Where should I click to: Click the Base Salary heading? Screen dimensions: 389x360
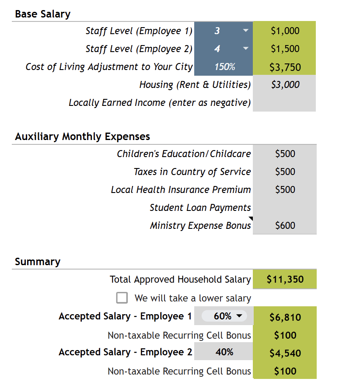pos(42,14)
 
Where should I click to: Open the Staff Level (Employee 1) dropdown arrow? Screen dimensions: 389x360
pos(245,31)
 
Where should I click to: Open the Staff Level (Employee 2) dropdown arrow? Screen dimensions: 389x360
pos(245,49)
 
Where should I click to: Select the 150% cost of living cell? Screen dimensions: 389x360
pos(224,67)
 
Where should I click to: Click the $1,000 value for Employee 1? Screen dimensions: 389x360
pos(285,31)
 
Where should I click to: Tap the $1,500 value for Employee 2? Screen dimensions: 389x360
pos(285,49)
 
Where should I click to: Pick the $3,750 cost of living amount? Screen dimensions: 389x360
pos(285,67)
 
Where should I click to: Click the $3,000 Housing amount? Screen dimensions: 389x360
pos(285,85)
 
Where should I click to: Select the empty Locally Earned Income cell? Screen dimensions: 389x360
pos(284,103)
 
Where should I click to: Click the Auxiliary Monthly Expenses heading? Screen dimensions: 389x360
pos(82,137)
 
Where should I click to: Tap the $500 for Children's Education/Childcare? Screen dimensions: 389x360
pos(285,154)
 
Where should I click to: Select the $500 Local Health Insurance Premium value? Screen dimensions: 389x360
pos(285,189)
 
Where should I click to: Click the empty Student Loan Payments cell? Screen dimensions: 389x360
pos(284,207)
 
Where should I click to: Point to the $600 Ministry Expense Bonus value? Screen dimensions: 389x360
pos(285,225)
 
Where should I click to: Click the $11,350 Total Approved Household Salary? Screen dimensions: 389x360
pos(285,280)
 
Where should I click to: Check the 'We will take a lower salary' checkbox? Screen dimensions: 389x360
pos(122,298)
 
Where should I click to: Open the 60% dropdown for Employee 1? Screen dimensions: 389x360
pos(239,316)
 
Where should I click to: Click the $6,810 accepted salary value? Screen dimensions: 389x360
pos(285,317)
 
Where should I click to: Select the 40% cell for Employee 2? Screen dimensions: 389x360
pos(224,352)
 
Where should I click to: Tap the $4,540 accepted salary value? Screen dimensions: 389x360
pos(285,353)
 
